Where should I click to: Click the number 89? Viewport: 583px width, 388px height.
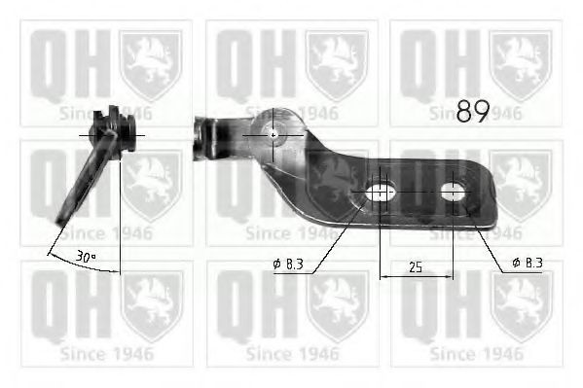tap(473, 112)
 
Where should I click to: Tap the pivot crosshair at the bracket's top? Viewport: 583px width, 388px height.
tap(273, 134)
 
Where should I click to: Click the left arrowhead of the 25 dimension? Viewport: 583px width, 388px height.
tap(383, 276)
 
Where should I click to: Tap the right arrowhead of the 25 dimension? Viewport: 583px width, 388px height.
tap(451, 276)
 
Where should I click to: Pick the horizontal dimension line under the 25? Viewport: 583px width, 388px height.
tap(417, 276)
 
